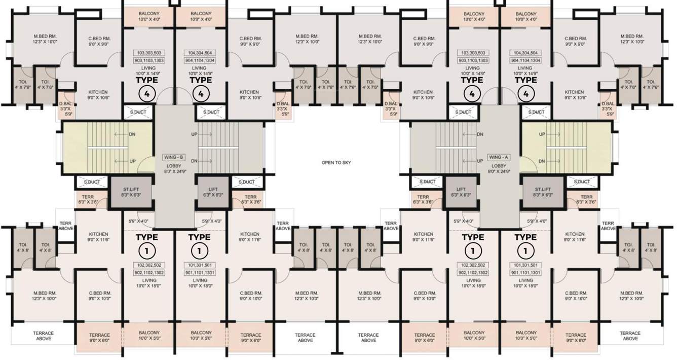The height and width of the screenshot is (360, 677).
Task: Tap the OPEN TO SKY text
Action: pos(336,163)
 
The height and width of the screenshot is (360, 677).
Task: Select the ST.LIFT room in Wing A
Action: pos(543,191)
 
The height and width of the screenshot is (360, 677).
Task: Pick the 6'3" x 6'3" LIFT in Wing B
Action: pos(212,191)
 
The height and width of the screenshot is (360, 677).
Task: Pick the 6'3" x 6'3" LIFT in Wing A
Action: pos(460,191)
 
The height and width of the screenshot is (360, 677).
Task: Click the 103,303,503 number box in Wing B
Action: pos(149,53)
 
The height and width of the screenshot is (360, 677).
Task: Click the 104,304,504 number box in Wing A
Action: pos(525,53)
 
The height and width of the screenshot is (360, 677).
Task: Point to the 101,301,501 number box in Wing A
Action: pos(525,265)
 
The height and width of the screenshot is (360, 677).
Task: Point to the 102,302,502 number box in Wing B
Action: pos(149,265)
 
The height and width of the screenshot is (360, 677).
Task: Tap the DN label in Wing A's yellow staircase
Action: pos(542,161)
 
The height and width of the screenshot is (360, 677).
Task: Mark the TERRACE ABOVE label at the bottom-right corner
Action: pos(630,336)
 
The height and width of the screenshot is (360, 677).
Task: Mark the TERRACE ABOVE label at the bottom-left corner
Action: pos(44,336)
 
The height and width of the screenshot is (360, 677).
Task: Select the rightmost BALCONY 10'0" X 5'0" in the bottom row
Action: pos(525,336)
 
